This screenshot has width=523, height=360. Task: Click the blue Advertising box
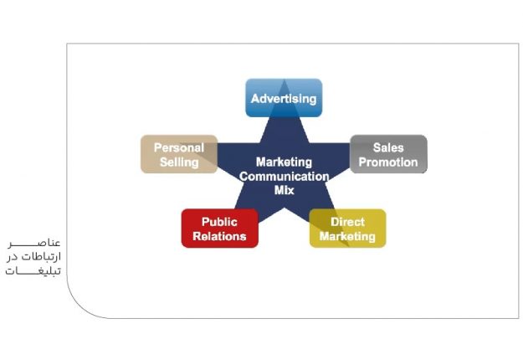pos(284,98)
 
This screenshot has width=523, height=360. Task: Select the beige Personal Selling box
pos(178,154)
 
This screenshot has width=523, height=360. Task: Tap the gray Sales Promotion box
pos(388,154)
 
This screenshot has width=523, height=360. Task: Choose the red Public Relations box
pos(219,229)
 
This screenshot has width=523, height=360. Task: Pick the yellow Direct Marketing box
pos(347,229)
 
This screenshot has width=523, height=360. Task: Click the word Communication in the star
pos(284,176)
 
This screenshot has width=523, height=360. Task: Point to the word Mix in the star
pos(285,190)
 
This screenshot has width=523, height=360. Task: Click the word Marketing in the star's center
pos(284,162)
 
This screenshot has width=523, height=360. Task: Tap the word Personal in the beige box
pos(178,147)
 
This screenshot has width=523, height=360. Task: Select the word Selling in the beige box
pos(178,162)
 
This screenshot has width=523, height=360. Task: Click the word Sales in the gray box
pos(388,147)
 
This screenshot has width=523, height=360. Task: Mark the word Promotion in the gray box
pos(388,162)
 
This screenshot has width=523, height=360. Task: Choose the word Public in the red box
pos(219,222)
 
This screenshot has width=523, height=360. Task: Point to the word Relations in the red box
pos(219,236)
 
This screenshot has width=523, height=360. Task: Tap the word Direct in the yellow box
pos(347,222)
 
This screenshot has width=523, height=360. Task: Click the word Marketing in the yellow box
pos(347,236)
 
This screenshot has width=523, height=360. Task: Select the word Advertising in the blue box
pos(284,99)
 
